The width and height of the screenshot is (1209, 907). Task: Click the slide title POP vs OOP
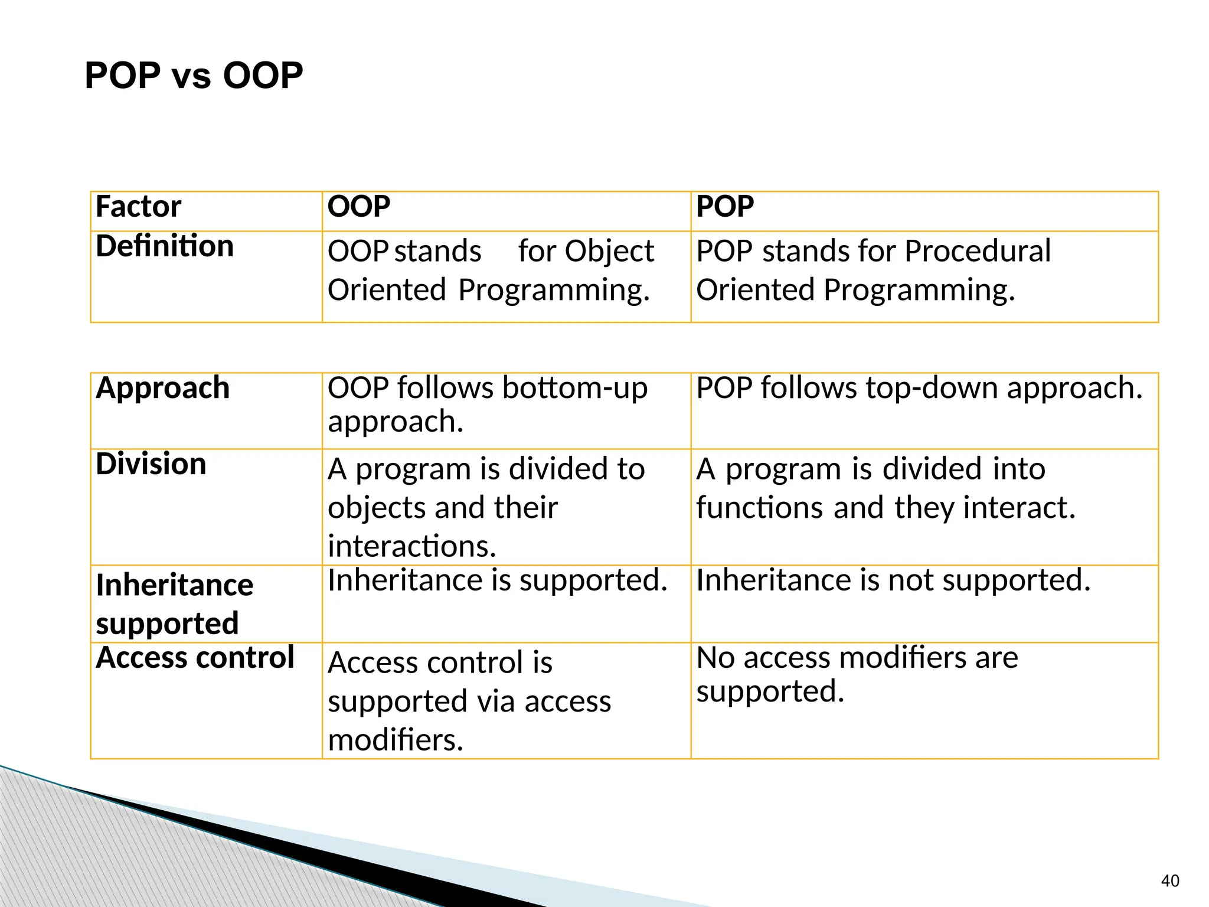click(194, 76)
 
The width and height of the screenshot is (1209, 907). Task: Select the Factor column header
click(138, 207)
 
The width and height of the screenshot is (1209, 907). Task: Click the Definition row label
click(165, 246)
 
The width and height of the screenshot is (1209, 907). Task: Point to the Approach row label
click(162, 389)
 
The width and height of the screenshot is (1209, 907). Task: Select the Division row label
click(151, 464)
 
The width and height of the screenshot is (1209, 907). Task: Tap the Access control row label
click(195, 658)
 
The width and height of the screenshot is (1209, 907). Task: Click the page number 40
click(1169, 881)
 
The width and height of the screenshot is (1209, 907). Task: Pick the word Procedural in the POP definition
click(977, 251)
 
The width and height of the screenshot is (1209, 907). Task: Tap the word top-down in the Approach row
click(932, 389)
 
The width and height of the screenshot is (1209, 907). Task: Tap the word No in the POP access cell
click(715, 658)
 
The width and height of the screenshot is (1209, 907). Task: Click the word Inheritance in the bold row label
click(175, 586)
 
